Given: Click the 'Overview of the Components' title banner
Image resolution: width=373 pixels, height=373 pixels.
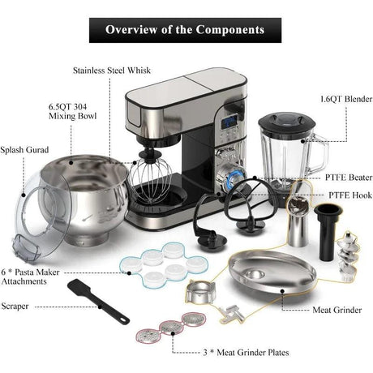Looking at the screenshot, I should [185, 30].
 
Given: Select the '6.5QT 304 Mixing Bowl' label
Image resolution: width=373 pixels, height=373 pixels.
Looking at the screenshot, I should [68, 111].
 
